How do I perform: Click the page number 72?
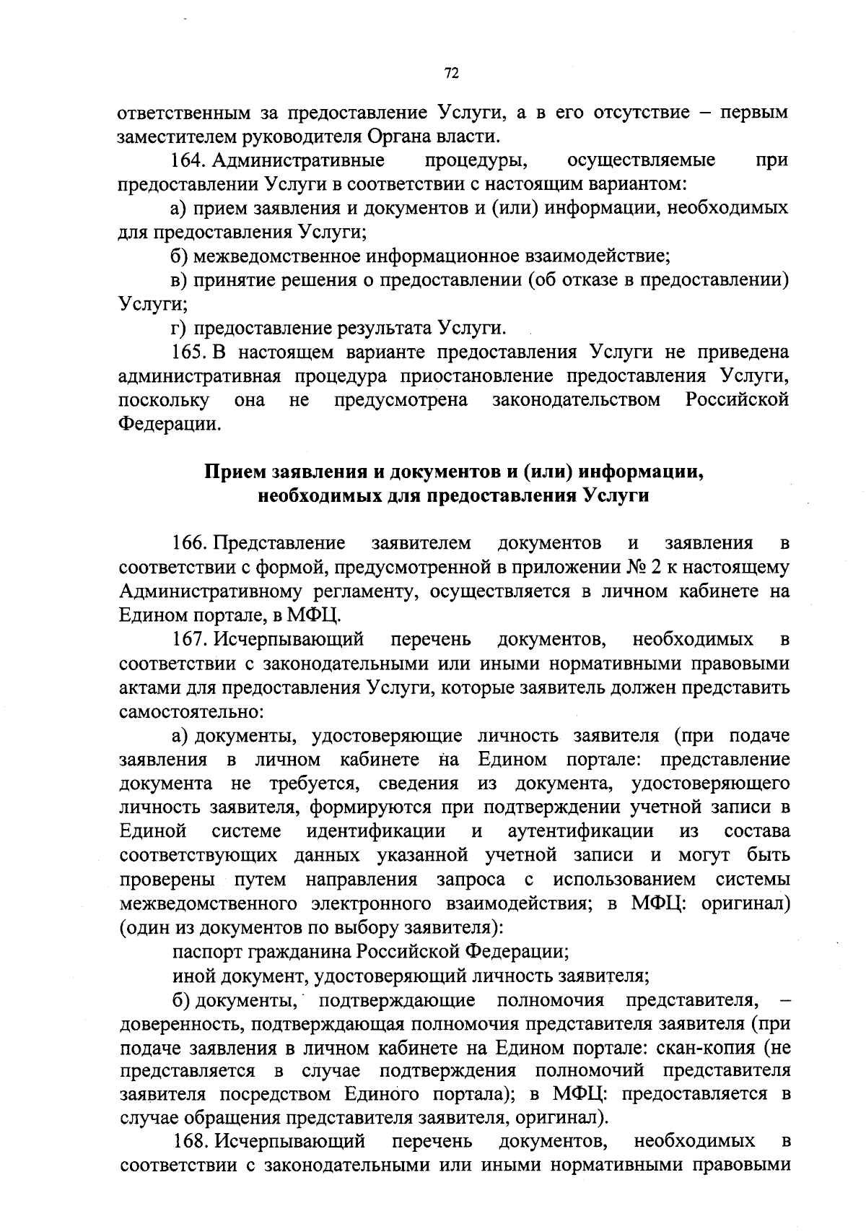click(x=452, y=73)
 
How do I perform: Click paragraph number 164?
click(x=188, y=160)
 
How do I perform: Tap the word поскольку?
click(x=164, y=400)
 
